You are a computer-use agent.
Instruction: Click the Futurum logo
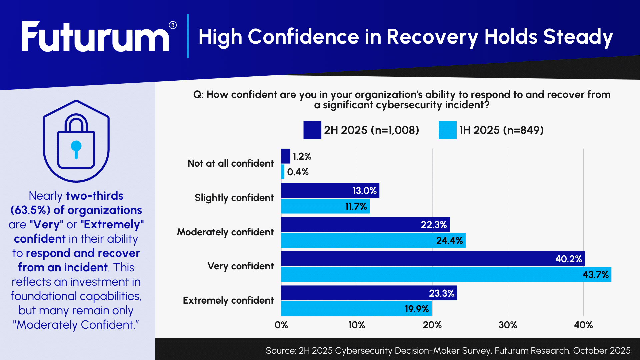[x=95, y=37]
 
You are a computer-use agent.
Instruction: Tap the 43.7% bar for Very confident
[x=433, y=275]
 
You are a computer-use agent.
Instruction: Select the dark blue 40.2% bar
[x=417, y=259]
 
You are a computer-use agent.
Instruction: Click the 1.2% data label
[x=302, y=156]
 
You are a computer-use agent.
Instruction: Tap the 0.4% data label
[x=298, y=172]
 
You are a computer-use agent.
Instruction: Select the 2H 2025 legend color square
[x=312, y=130]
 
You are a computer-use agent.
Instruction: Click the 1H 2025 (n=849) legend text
[x=501, y=130]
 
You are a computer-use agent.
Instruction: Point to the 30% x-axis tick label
[x=508, y=325]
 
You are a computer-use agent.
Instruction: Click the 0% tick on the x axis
[x=281, y=325]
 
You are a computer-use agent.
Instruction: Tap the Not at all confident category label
[x=230, y=163]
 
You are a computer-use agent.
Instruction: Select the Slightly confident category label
[x=234, y=198]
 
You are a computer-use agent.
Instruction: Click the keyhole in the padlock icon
[x=76, y=149]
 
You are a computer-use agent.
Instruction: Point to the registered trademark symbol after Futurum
[x=173, y=25]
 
